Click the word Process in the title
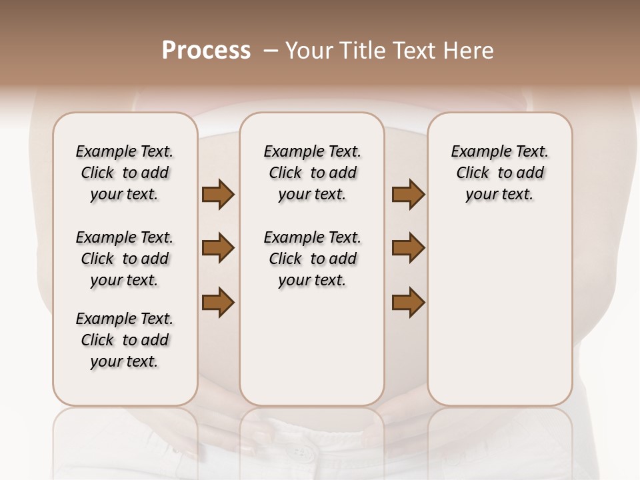click(206, 51)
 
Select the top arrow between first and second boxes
click(218, 195)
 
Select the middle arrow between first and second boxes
click(218, 249)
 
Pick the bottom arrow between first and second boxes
click(218, 302)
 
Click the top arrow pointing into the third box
click(408, 195)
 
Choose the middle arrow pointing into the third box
click(408, 249)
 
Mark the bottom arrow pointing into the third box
click(408, 302)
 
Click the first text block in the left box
click(125, 173)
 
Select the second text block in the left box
click(125, 259)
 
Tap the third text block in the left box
click(125, 340)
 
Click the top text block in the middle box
click(312, 173)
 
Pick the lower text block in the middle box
click(312, 259)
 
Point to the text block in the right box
click(499, 173)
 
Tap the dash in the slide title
click(270, 51)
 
